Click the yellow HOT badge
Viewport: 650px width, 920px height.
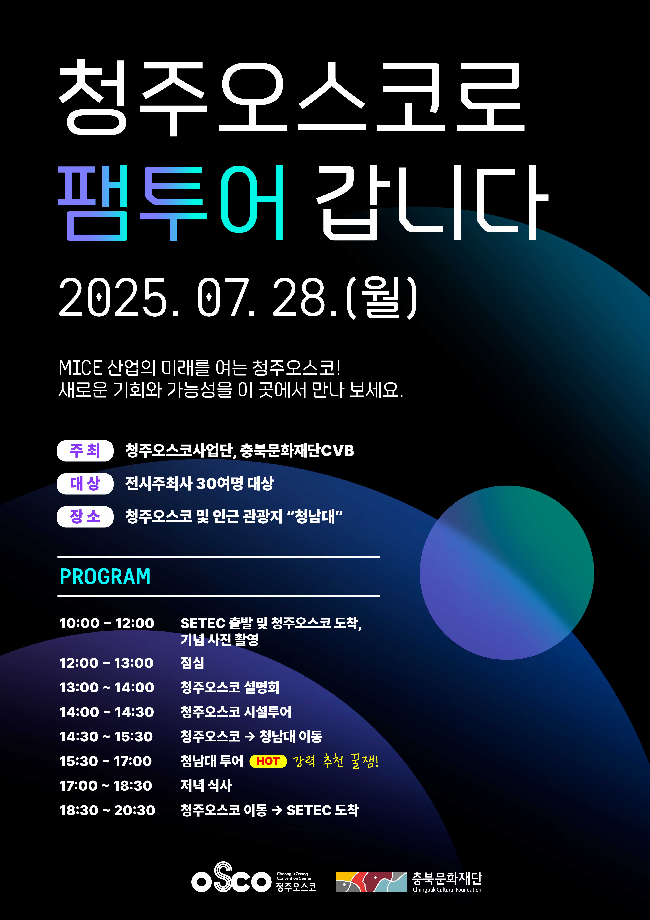pyautogui.click(x=268, y=761)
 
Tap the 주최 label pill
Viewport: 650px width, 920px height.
pyautogui.click(x=85, y=451)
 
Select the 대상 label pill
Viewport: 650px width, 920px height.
pyautogui.click(x=85, y=484)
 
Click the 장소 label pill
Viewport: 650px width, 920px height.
pyautogui.click(x=85, y=517)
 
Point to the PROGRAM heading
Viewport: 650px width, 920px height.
pyautogui.click(x=105, y=577)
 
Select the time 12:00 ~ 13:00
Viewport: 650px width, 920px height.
pyautogui.click(x=106, y=663)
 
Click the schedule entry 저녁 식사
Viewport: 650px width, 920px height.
pyautogui.click(x=206, y=785)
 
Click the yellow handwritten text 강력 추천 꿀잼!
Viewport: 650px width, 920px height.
pyautogui.click(x=336, y=761)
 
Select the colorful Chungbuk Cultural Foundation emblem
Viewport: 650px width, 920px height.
pyautogui.click(x=371, y=882)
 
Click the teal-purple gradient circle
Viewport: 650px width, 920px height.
pyautogui.click(x=507, y=573)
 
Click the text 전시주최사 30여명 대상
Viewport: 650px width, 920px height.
pyautogui.click(x=199, y=483)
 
